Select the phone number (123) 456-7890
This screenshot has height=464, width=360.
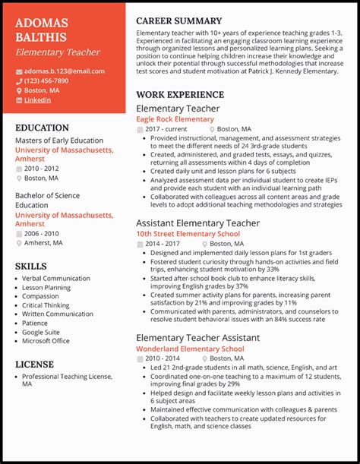(46, 80)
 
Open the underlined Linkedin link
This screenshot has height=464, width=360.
(38, 99)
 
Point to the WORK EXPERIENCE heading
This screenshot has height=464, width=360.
(180, 95)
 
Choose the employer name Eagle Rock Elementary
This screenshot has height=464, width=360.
(175, 119)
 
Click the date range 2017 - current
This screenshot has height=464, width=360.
(166, 129)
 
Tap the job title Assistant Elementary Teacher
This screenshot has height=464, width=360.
(197, 223)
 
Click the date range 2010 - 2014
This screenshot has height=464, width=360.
(163, 358)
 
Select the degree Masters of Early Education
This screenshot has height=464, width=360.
(59, 140)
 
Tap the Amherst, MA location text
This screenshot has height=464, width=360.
(43, 243)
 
